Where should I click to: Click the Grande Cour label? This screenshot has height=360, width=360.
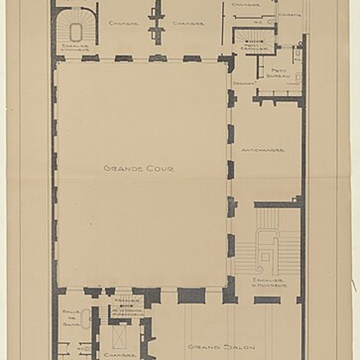pyautogui.click(x=139, y=168)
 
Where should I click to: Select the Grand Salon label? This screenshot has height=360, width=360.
pyautogui.click(x=222, y=347)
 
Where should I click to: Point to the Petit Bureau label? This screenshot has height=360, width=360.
pyautogui.click(x=278, y=73)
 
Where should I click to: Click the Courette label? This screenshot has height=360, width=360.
pyautogui.click(x=290, y=15)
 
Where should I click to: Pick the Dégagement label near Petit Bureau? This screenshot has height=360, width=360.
pyautogui.click(x=242, y=83)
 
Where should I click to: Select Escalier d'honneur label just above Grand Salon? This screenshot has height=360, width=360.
pyautogui.click(x=269, y=282)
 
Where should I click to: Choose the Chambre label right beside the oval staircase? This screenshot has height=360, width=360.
pyautogui.click(x=123, y=23)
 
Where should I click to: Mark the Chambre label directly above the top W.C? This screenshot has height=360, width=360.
pyautogui.click(x=245, y=5)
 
